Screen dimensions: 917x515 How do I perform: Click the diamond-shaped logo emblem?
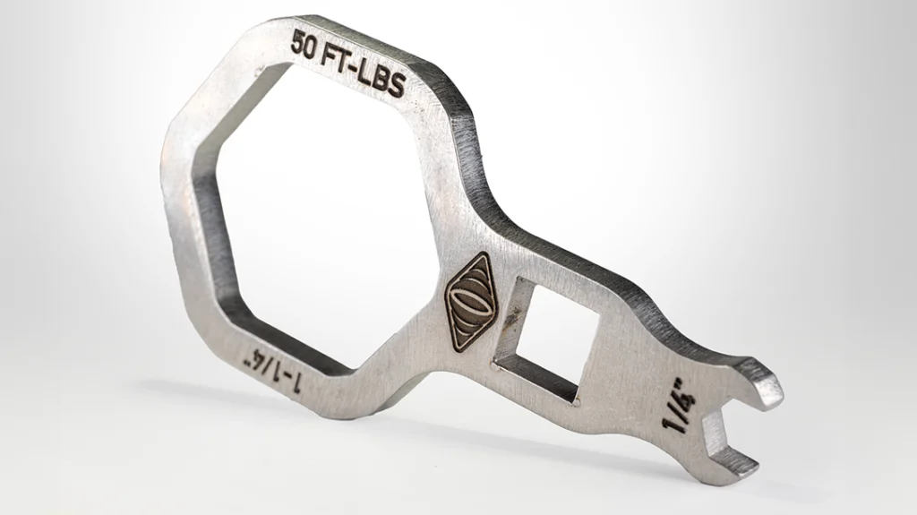(471, 302)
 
